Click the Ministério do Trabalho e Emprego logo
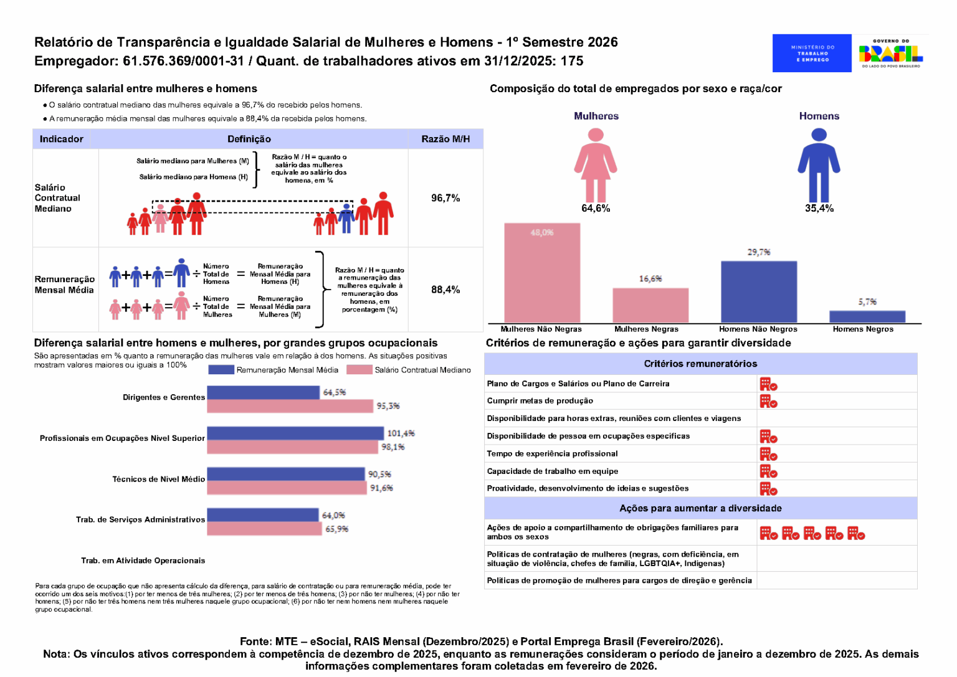tap(812, 53)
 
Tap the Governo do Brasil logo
tap(890, 53)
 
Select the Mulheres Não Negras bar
tap(542, 272)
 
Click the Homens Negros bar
tap(867, 316)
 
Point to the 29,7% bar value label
tap(759, 252)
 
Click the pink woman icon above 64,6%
tap(596, 164)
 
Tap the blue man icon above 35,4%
tap(819, 164)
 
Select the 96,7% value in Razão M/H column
tap(445, 198)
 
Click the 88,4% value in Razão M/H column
tap(445, 290)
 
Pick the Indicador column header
tap(62, 139)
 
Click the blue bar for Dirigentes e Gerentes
tap(263, 392)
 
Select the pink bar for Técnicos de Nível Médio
tap(287, 488)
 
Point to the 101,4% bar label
tap(401, 433)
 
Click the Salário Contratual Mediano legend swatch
tap(359, 370)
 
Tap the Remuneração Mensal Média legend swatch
tap(221, 370)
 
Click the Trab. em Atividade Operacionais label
tap(143, 561)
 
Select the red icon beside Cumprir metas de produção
tap(768, 401)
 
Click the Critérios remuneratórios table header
tap(700, 364)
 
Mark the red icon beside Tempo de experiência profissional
tap(768, 454)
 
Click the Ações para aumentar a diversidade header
tap(700, 508)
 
